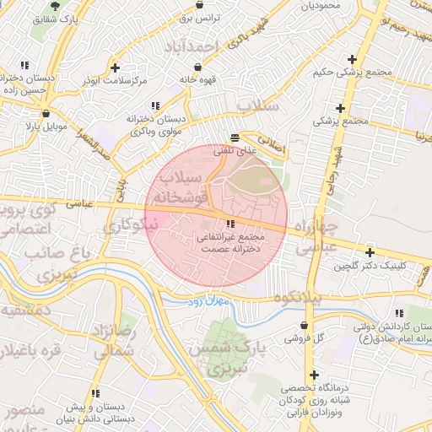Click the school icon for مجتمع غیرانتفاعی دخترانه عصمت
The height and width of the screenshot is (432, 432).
coord(230,224)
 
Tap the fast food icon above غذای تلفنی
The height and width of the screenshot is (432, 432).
coord(235,137)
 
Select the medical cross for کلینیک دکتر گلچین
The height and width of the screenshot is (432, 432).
coord(370,252)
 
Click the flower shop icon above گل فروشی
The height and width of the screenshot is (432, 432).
coord(304,325)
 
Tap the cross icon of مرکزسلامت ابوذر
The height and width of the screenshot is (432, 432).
coord(115,67)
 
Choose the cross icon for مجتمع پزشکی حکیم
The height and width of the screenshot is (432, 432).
coord(352,59)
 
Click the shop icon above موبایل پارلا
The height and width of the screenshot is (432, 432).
coord(45,113)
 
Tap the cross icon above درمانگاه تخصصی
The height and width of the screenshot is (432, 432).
coord(315,375)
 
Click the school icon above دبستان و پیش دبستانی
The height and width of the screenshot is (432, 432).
coord(95,393)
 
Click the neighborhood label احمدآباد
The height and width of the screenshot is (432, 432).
coord(193,45)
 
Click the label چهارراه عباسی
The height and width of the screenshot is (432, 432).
coord(318,237)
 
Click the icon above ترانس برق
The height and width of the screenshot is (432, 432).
coord(199,4)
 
